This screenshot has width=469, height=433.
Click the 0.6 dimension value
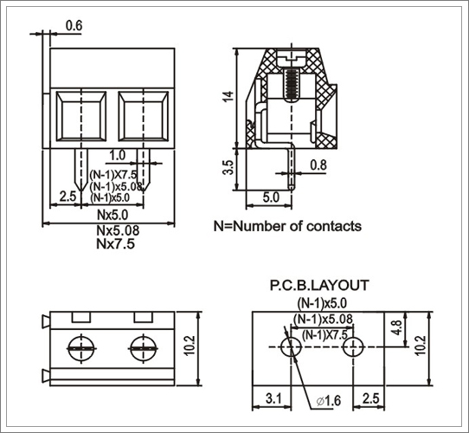tap(74, 26)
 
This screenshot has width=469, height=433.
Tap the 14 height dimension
tap(228, 96)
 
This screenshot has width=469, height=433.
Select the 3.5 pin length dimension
tap(228, 167)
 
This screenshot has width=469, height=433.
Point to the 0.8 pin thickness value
tap(318, 165)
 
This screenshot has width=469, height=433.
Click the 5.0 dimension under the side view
tap(271, 197)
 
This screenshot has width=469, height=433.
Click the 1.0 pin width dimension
tap(118, 155)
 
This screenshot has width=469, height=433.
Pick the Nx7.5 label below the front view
tap(115, 244)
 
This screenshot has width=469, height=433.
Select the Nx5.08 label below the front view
tap(118, 230)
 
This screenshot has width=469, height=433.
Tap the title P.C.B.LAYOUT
tap(319, 285)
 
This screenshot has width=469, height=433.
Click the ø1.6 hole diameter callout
tap(328, 401)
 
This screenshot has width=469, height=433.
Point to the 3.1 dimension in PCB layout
tap(273, 399)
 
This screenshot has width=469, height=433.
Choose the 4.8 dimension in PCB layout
tap(397, 327)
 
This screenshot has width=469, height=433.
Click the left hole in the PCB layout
tap(291, 346)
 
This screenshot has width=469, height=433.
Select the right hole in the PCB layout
tap(353, 346)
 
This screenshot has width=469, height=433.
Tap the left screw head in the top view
tap(81, 348)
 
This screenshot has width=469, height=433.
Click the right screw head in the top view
tap(144, 348)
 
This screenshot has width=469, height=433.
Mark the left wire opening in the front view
tap(81, 116)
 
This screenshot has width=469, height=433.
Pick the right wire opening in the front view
tap(144, 116)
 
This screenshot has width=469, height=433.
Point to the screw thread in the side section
tap(291, 86)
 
